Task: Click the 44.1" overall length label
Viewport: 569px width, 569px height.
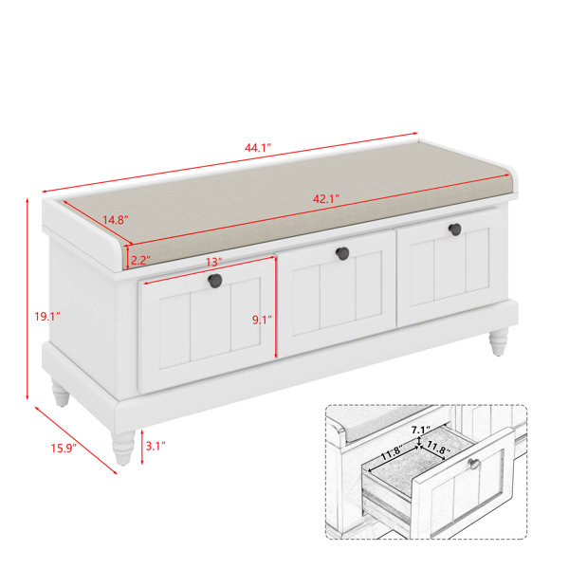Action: [258, 148]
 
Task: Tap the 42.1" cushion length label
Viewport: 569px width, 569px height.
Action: [326, 199]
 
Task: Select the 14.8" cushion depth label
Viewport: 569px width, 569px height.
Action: [116, 220]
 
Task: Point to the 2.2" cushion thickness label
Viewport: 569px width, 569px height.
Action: [140, 260]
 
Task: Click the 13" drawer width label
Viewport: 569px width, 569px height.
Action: [213, 262]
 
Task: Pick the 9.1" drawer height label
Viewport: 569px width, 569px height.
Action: [262, 320]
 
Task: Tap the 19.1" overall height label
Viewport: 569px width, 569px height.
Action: [47, 317]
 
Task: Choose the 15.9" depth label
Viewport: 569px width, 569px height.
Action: [64, 449]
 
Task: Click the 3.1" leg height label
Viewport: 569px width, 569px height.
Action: [156, 446]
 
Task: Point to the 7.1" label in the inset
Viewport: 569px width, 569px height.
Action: [420, 430]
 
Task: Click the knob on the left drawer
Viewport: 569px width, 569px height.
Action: [215, 281]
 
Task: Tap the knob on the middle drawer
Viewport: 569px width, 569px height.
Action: [342, 253]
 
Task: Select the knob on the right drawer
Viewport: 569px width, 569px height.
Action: [454, 229]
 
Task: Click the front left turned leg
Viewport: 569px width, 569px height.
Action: [123, 448]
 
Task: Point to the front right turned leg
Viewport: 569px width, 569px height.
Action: [498, 341]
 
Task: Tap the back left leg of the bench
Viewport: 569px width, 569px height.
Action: [61, 392]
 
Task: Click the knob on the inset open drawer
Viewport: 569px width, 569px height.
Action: [474, 464]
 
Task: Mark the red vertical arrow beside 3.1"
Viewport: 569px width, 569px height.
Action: [142, 447]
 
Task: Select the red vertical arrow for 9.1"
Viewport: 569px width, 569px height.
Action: [276, 307]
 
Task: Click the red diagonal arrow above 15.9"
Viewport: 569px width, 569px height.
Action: [76, 440]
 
